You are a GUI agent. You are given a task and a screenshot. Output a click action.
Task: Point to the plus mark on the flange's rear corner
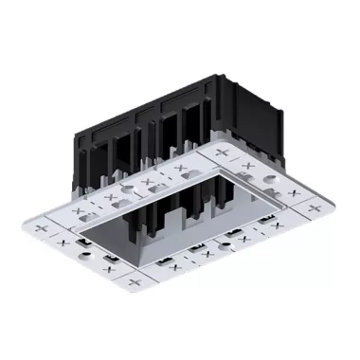pyautogui.click(x=224, y=152)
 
